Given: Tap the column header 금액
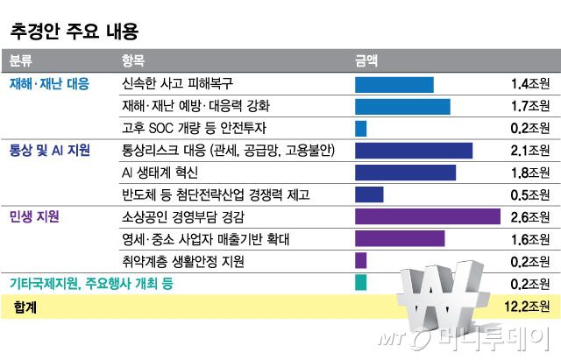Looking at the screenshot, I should click(366, 61).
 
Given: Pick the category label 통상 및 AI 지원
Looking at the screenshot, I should click(50, 150).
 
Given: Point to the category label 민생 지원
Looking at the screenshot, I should click(34, 215).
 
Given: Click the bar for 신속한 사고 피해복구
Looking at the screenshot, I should click(394, 85).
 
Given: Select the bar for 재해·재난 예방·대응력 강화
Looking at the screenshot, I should click(402, 107).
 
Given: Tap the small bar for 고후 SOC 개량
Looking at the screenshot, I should click(360, 129).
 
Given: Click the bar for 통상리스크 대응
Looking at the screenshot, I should click(414, 151).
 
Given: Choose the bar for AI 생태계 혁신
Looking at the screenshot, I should click(405, 173).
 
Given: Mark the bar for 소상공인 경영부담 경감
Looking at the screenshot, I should click(427, 216).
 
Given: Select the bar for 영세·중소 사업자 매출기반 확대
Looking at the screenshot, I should click(400, 238).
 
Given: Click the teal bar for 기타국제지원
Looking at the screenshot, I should click(360, 282).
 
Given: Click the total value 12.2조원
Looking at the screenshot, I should click(527, 306).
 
